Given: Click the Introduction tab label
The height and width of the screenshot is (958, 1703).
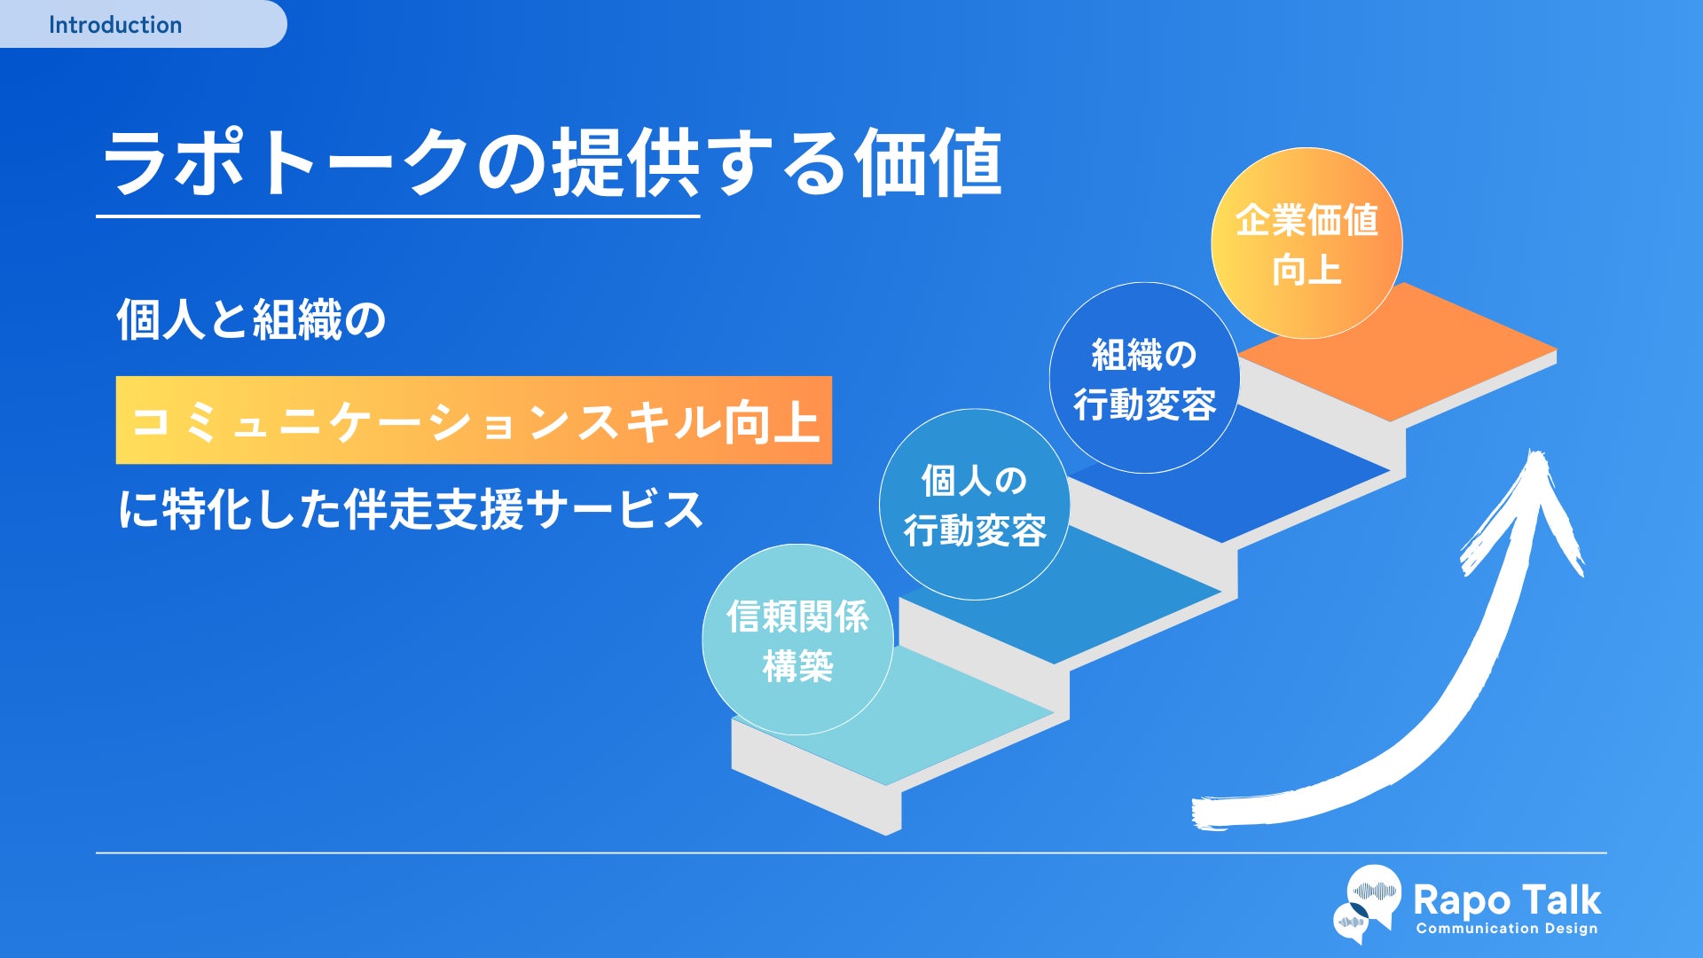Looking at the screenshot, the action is [x=115, y=25].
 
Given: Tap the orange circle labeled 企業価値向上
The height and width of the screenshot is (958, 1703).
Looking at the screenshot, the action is [x=1307, y=243].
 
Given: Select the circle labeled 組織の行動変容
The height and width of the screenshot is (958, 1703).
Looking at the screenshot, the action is [x=1144, y=379].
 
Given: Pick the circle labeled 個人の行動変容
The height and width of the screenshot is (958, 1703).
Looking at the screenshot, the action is [x=974, y=505].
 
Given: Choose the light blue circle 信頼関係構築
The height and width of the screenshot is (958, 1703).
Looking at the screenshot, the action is [x=797, y=640].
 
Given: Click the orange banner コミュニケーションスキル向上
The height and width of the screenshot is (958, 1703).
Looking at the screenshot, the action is [x=474, y=420].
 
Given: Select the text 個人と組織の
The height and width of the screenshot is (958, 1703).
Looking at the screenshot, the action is [x=252, y=320].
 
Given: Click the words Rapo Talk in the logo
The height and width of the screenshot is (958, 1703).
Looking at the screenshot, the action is [x=1506, y=899].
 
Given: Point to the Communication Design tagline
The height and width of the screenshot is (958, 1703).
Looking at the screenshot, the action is [x=1506, y=929].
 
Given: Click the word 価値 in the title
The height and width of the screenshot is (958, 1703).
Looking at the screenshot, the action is [x=928, y=164].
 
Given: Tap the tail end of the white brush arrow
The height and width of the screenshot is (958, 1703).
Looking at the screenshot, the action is [x=1211, y=813].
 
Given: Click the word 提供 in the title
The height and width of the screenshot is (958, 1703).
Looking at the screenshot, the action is [x=626, y=164].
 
